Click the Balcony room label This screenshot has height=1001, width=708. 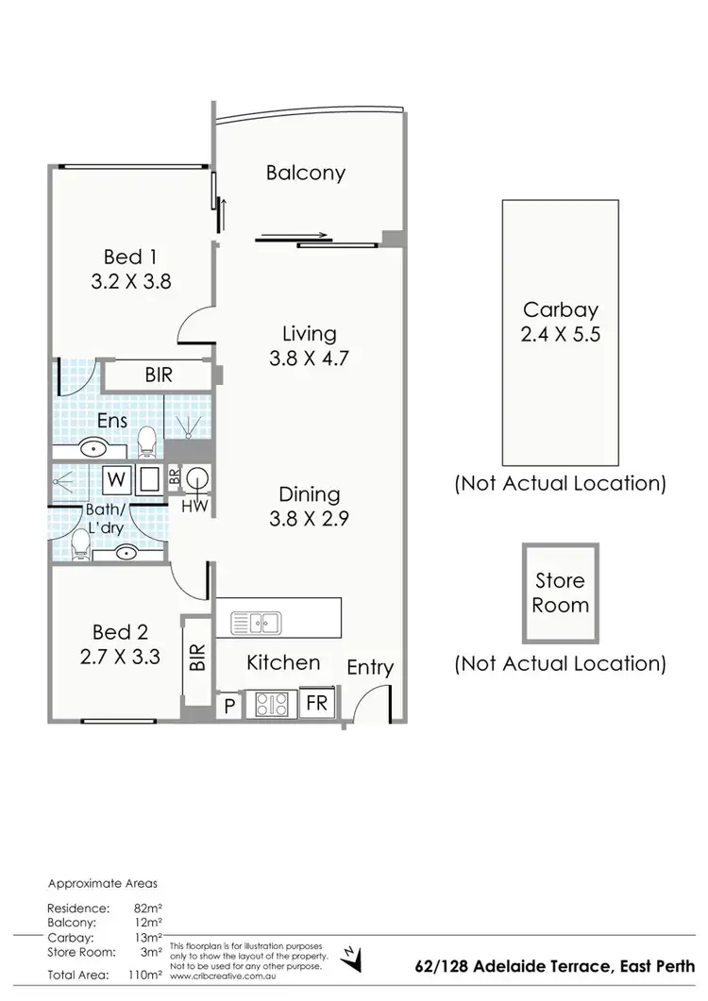click(305, 173)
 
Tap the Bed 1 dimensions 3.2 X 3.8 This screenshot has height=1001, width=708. click(130, 280)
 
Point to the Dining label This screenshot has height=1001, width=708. click(309, 494)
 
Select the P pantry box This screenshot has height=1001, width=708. click(229, 705)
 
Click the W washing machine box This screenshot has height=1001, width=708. click(116, 479)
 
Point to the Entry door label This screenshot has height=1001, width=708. click(370, 668)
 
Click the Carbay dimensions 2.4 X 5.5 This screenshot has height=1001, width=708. click(561, 333)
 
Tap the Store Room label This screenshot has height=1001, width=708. click(560, 592)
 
